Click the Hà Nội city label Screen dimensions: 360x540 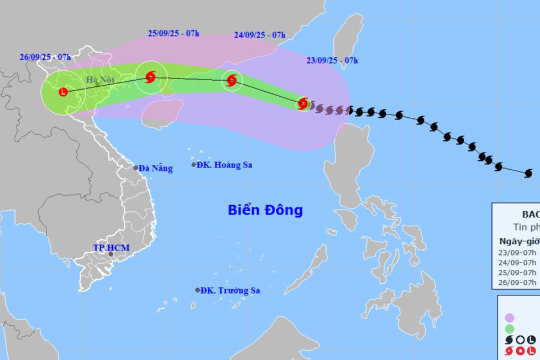click(x=100, y=80)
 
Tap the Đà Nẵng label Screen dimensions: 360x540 click(x=155, y=168)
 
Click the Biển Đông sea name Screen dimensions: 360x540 click(x=265, y=210)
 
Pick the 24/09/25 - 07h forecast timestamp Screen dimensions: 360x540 click(x=259, y=34)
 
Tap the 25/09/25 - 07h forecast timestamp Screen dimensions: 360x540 click(x=174, y=33)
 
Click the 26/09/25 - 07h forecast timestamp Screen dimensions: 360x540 click(x=45, y=57)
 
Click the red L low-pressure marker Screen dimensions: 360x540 click(x=63, y=92)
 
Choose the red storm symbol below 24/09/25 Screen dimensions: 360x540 click(x=232, y=80)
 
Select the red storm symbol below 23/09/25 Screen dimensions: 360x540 click(x=303, y=103)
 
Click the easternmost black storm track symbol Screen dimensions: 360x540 click(x=528, y=174)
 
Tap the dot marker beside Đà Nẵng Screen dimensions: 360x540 click(x=135, y=168)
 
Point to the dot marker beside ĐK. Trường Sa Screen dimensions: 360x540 click(x=197, y=290)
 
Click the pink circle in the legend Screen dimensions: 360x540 click(x=510, y=317)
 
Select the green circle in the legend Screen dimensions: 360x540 click(x=510, y=329)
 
